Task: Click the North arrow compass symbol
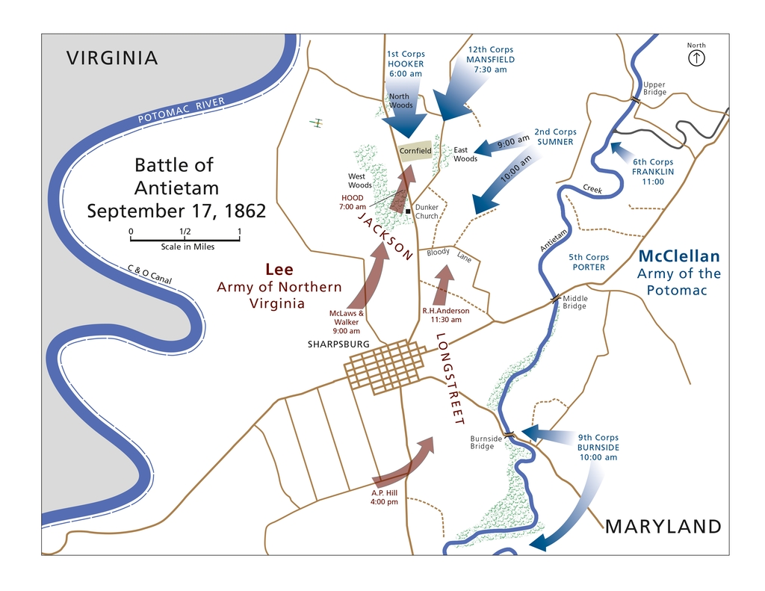pos(696,58)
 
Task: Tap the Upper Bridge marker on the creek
pos(635,99)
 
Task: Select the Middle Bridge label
pos(574,303)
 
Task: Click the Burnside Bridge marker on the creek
pos(510,434)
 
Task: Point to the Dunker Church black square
pos(408,211)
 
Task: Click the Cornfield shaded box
pos(415,150)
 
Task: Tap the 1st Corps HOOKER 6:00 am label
pos(405,64)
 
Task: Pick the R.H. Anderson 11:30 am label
pos(445,315)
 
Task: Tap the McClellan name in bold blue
pos(679,256)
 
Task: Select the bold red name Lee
pos(279,270)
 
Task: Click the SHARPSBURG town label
pos(338,344)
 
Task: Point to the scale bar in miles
pos(185,238)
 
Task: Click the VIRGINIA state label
pos(112,58)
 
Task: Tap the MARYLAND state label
pos(663,527)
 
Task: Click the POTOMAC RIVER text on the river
pos(181,111)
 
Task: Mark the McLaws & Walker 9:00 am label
pos(346,321)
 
